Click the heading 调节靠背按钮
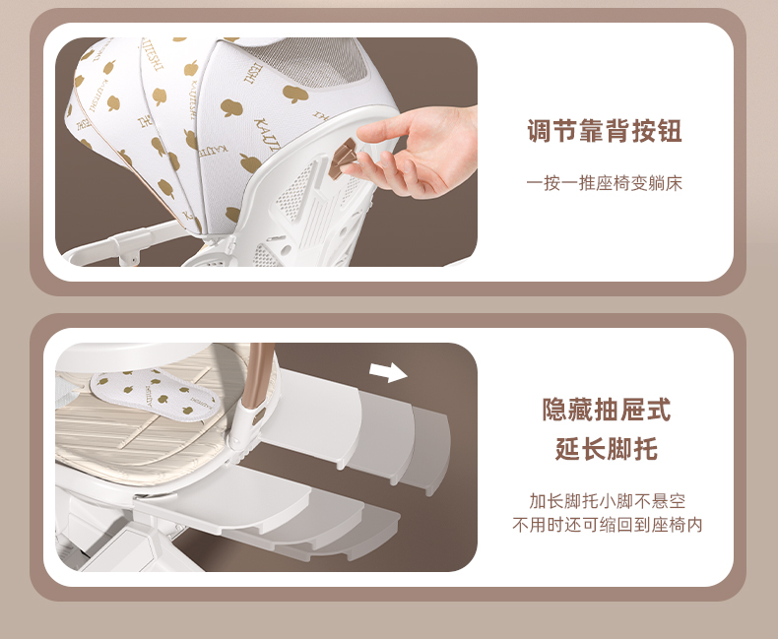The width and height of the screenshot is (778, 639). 605,131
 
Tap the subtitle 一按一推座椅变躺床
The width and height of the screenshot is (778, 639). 605,183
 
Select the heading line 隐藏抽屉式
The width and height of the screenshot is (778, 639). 606,410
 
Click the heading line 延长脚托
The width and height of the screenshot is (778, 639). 606,449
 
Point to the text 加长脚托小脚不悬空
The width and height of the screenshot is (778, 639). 607,501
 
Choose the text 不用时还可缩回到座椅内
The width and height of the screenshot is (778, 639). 607,525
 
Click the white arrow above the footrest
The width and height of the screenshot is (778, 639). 388,371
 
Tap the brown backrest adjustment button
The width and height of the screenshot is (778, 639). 343,158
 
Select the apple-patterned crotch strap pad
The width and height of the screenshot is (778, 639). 155,395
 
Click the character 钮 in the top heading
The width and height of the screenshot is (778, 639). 670,131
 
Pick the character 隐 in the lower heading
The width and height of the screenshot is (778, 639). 554,410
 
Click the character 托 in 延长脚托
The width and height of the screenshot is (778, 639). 645,449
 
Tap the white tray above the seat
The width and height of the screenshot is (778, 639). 134,356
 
